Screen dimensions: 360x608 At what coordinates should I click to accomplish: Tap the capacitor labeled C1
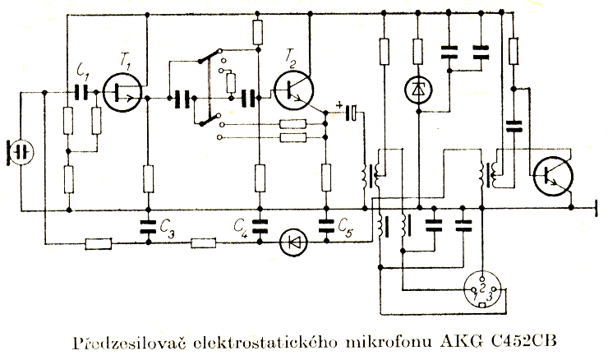pyautogui.click(x=81, y=91)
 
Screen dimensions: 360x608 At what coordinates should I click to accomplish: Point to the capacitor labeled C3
pyautogui.click(x=149, y=225)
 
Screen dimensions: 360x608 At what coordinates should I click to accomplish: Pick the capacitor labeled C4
pyautogui.click(x=259, y=225)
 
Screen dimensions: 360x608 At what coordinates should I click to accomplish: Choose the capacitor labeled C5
pyautogui.click(x=326, y=225)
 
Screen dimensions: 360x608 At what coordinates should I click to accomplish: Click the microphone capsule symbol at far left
pyautogui.click(x=21, y=152)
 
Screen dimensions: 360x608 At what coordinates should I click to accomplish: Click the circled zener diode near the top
pyautogui.click(x=420, y=90)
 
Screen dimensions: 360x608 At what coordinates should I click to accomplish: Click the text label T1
pyautogui.click(x=126, y=60)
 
